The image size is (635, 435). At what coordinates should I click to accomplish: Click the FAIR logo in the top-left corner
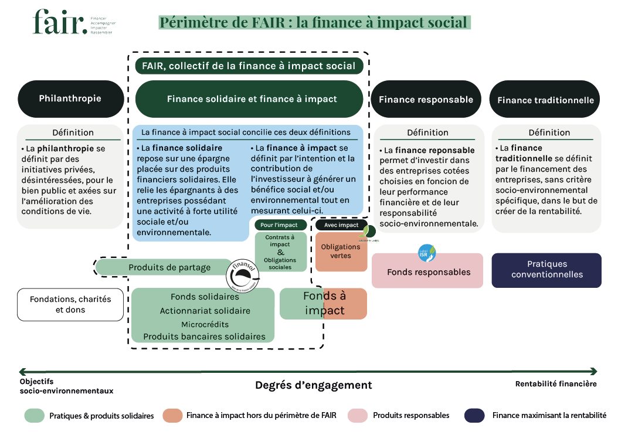click(60, 22)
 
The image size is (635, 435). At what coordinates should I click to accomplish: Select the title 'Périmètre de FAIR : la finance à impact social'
click(314, 23)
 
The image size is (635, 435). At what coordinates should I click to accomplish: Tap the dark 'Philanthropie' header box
click(70, 98)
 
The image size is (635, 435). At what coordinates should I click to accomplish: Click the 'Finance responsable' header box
click(426, 99)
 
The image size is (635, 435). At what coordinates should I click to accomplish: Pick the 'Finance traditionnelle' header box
click(545, 100)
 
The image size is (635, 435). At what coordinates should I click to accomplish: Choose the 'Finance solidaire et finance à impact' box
click(252, 99)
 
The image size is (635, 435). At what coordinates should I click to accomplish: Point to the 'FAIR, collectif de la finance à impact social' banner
click(249, 66)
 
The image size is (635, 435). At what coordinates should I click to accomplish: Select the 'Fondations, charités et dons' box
click(70, 304)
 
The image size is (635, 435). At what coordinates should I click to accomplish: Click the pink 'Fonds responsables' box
click(428, 272)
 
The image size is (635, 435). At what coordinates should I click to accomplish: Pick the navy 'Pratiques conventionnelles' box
click(546, 270)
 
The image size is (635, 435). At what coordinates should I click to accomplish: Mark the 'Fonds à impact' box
click(323, 303)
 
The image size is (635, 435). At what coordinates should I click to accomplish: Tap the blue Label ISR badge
click(427, 253)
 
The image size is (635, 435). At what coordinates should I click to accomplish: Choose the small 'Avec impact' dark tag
click(341, 225)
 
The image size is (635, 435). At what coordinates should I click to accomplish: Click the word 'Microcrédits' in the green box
click(205, 324)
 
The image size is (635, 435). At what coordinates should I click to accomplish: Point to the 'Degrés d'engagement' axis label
click(313, 385)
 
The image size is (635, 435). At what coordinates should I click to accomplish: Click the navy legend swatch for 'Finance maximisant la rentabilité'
click(474, 415)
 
